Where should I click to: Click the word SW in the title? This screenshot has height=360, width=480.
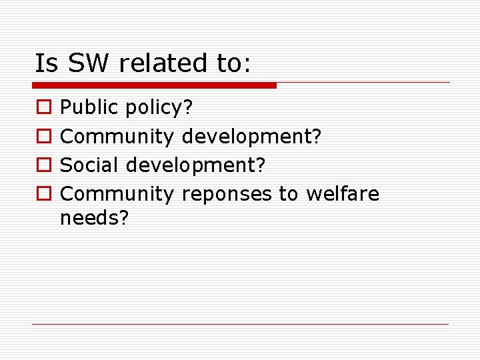point(91,63)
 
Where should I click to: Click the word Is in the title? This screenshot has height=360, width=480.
point(47,63)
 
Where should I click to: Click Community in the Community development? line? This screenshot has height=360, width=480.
point(117,137)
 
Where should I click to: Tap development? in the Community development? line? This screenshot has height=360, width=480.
point(252,137)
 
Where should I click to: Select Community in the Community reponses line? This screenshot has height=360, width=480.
point(117,194)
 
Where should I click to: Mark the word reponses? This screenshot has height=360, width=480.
point(227,195)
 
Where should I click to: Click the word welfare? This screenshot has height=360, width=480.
point(342,193)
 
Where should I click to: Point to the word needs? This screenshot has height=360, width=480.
point(93,217)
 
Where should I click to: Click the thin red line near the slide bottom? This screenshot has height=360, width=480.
point(240,324)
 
